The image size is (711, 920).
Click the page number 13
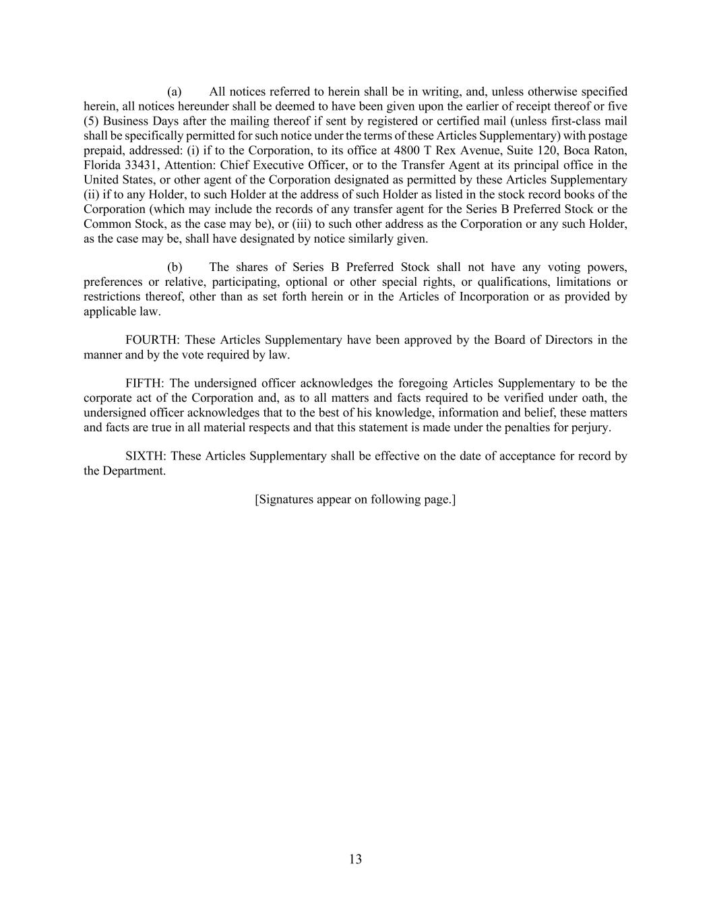[x=355, y=859]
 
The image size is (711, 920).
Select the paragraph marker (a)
[x=175, y=92]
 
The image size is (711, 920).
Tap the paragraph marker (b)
[x=175, y=268]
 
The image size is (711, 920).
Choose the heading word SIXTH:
[x=145, y=456]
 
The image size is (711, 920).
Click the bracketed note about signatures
[x=355, y=499]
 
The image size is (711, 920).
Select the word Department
[x=133, y=471]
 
